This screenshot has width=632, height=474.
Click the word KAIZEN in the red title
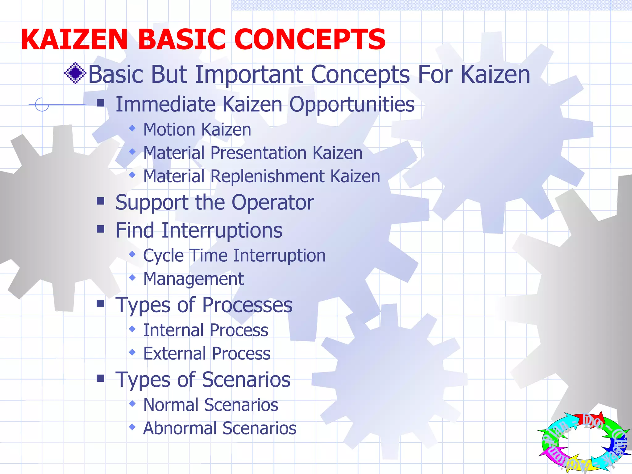74,39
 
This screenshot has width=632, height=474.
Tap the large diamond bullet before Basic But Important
75,73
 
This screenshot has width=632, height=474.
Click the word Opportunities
352,105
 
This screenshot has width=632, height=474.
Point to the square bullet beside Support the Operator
101,201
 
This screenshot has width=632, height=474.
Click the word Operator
273,203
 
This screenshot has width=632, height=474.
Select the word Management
193,279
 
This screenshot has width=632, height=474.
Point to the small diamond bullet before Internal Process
132,329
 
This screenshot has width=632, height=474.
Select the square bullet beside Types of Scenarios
101,378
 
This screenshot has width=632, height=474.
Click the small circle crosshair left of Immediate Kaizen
42,105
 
